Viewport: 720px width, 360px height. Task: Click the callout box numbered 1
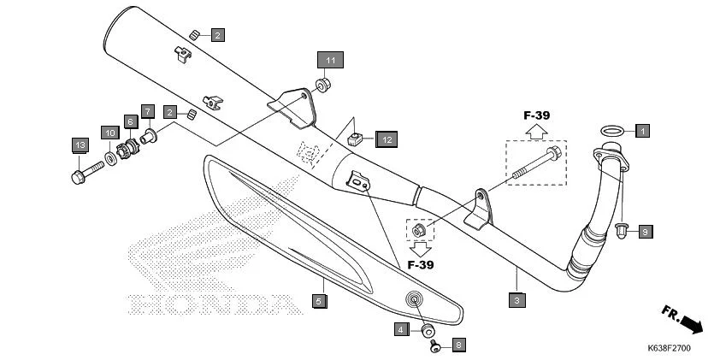pyautogui.click(x=642, y=131)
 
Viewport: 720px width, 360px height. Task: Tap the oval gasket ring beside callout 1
pyautogui.click(x=611, y=131)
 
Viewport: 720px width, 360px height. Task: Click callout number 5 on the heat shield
pyautogui.click(x=318, y=300)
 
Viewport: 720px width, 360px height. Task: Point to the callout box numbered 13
pyautogui.click(x=80, y=145)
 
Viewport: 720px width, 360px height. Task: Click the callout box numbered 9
pyautogui.click(x=646, y=231)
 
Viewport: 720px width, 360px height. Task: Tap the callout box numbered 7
pyautogui.click(x=147, y=111)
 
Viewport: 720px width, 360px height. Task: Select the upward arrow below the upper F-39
pyautogui.click(x=535, y=131)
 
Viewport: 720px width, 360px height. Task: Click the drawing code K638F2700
pyautogui.click(x=670, y=349)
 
